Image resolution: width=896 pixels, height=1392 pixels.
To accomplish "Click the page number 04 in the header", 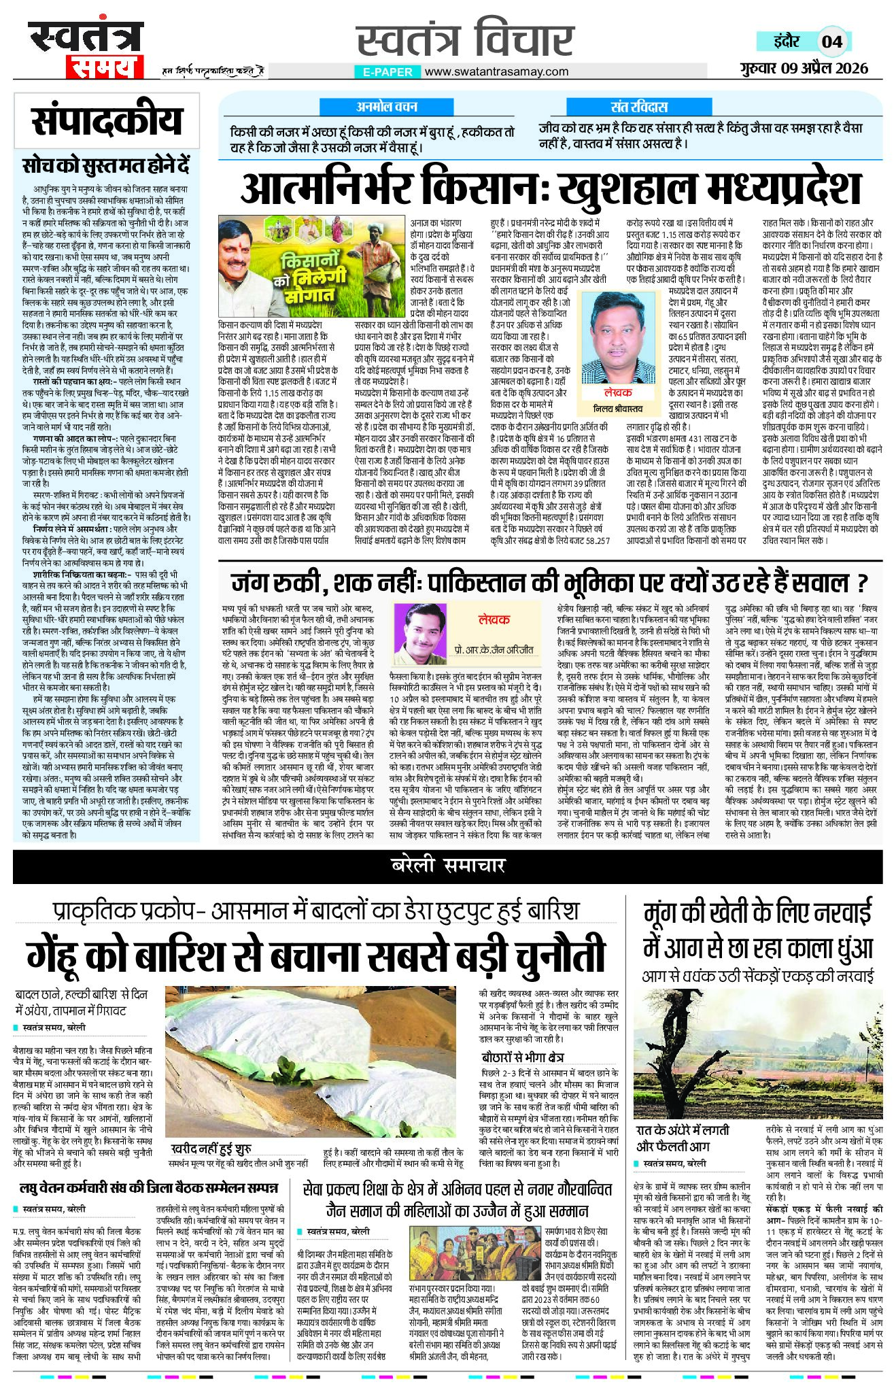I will [832, 41].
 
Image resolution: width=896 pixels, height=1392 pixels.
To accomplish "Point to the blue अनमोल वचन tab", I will [387, 107].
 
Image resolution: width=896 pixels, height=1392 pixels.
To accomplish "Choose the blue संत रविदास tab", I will [639, 107].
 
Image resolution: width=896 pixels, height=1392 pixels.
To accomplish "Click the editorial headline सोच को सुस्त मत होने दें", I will [105, 165].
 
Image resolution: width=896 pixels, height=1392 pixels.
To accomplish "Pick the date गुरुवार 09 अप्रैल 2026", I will [804, 68].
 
